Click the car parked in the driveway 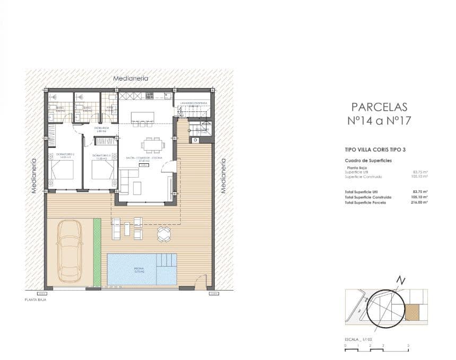[x=70, y=250]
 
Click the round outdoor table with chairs [x=164, y=234]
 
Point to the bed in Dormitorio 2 [x=62, y=171]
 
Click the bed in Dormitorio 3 [x=102, y=171]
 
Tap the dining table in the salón [x=153, y=145]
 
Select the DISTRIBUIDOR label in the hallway [x=102, y=128]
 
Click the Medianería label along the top [x=131, y=78]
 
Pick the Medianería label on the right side [x=223, y=175]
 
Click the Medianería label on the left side [x=34, y=175]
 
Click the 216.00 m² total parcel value [x=420, y=203]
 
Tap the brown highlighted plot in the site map [x=412, y=312]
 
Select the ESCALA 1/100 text [x=358, y=339]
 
